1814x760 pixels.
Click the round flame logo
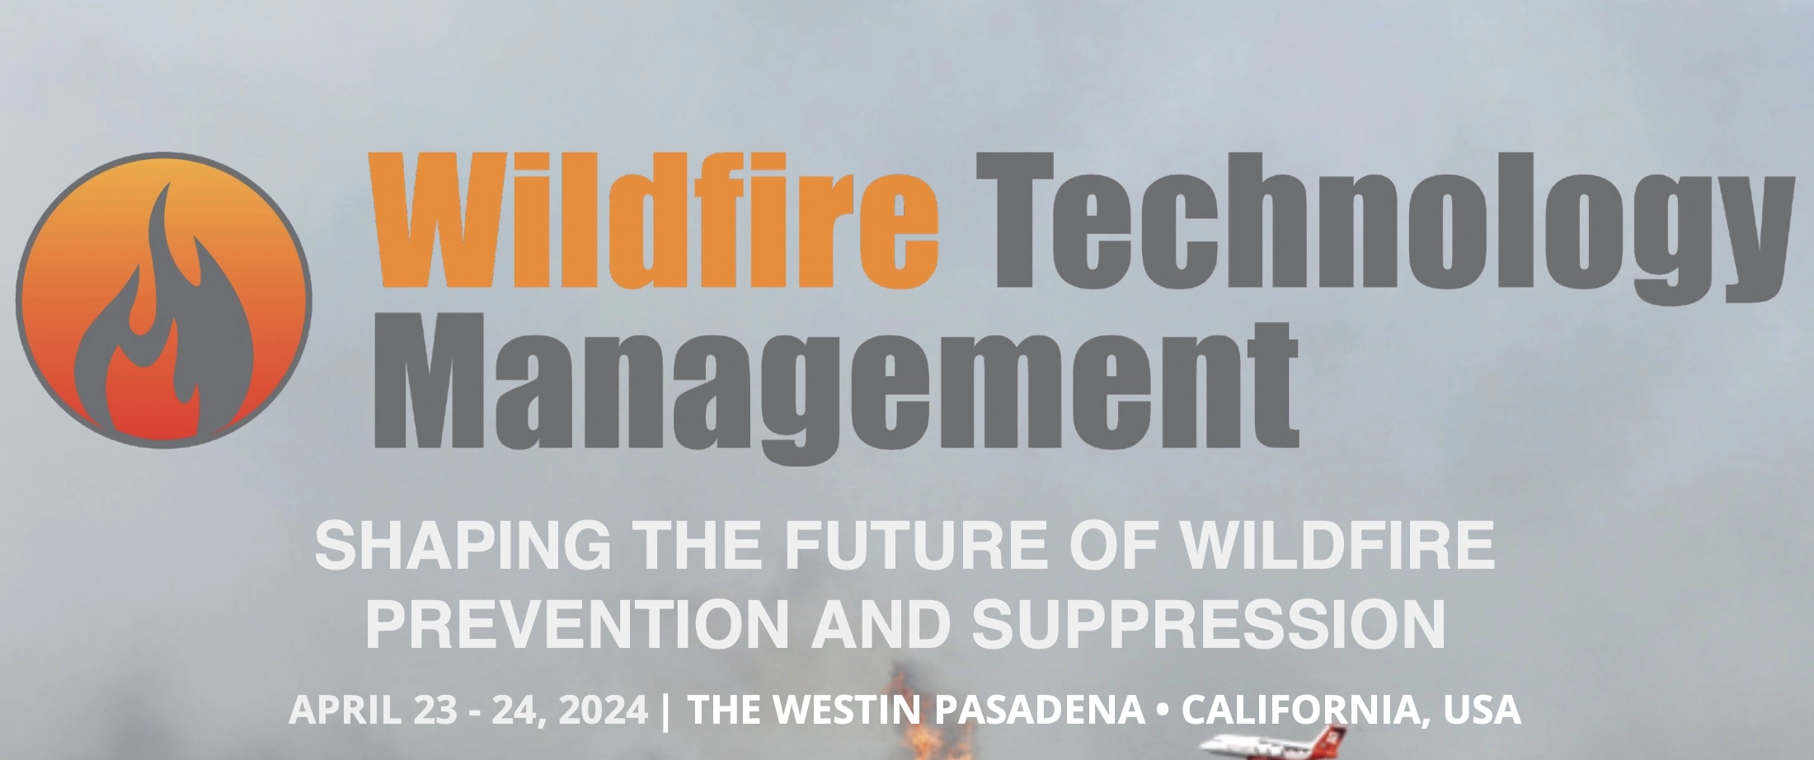pos(164,300)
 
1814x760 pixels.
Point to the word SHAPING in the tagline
pos(463,545)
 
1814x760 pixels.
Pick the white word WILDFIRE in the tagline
pos(1337,545)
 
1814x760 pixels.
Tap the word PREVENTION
pos(577,623)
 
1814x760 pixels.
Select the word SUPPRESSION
pos(1209,623)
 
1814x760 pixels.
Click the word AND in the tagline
pos(881,623)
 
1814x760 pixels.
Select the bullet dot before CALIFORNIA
pos(1163,710)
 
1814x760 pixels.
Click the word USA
pos(1482,710)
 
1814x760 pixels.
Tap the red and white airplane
pos(1274,744)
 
